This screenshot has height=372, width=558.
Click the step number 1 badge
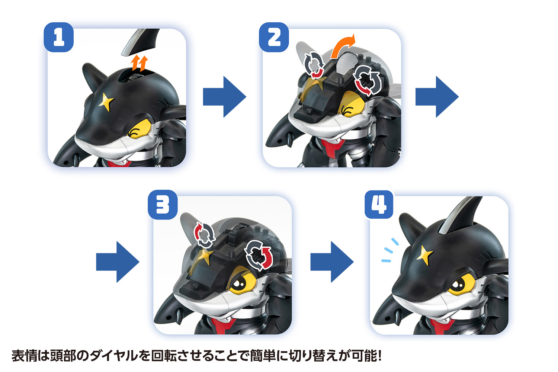(58, 38)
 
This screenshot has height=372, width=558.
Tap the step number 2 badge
(274, 38)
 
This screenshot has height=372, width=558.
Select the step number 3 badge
(163, 205)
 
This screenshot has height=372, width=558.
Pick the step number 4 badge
(379, 205)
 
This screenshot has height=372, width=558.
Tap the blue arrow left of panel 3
(118, 262)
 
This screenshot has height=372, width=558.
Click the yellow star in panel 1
(106, 102)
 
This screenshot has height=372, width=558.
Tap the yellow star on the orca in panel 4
(425, 255)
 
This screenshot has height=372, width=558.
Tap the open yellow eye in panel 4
(458, 285)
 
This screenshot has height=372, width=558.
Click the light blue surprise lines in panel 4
(389, 251)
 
